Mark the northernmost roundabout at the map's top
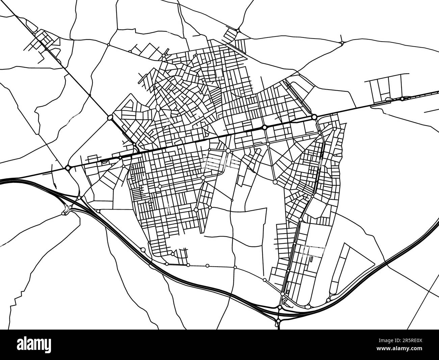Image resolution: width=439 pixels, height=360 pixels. click(238, 31)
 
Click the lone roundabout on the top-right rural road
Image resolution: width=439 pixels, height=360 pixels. click(342, 43)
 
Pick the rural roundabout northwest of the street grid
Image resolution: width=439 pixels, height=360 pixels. click(108, 45)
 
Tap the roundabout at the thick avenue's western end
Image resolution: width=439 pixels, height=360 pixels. click(68, 167)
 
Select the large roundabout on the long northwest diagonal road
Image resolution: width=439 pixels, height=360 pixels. click(110, 117)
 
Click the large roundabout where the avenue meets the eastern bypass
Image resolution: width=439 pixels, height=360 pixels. click(314, 117)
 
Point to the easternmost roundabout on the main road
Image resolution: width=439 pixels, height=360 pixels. click(402, 99)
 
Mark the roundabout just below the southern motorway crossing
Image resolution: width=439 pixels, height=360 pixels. click(278, 320)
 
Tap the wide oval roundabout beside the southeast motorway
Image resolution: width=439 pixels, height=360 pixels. click(307, 307)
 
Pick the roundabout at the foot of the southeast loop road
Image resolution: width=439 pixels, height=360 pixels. click(328, 300)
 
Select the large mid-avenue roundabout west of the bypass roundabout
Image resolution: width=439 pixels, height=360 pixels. click(265, 127)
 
